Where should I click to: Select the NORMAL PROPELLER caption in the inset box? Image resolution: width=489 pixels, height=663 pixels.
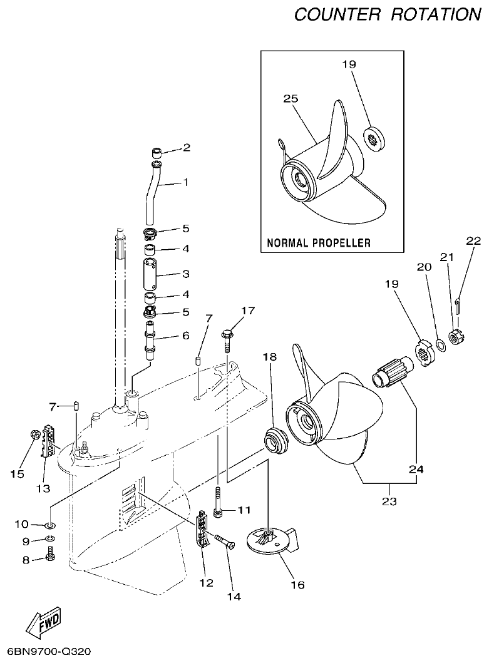point(319,242)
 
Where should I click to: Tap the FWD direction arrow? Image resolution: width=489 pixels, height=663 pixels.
point(44,622)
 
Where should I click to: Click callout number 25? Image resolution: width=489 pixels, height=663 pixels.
point(290,99)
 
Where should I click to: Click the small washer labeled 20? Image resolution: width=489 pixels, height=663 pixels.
point(440,344)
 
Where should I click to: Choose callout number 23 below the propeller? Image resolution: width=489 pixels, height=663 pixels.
point(389,501)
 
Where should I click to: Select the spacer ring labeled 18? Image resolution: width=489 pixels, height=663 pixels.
point(274,439)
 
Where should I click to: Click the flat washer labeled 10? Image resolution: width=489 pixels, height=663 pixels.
point(50,523)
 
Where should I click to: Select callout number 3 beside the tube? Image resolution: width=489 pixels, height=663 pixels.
point(185,274)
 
